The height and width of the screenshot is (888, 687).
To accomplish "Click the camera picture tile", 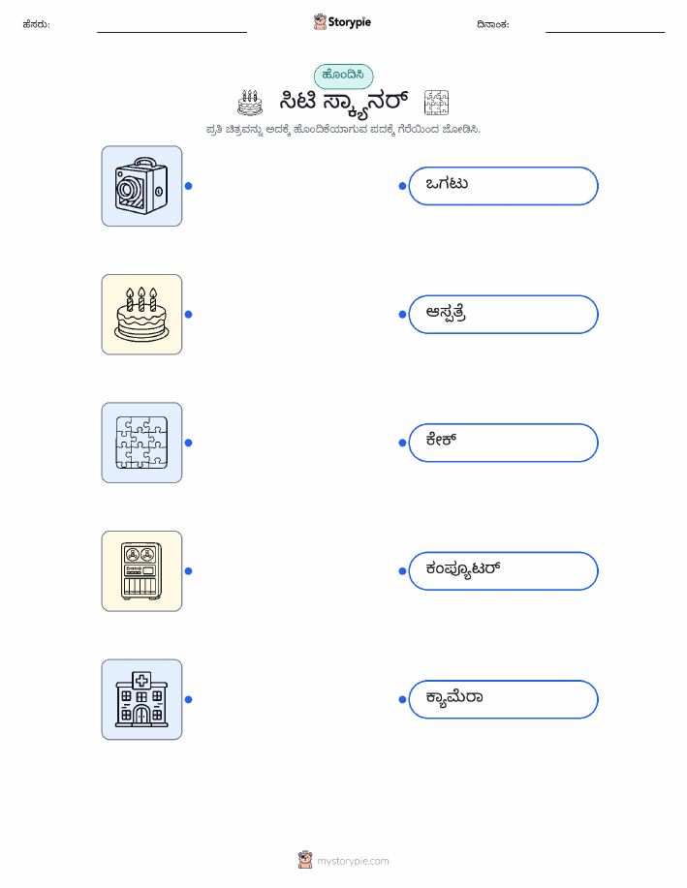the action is [x=141, y=186].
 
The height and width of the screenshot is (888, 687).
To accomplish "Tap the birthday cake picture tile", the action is [x=141, y=315].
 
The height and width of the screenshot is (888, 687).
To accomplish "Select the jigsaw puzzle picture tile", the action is [x=141, y=443].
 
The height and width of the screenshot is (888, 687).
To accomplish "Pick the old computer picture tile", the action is [x=141, y=571].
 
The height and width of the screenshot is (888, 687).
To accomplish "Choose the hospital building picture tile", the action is [x=141, y=699].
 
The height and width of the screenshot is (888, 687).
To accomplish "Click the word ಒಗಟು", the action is [x=447, y=183].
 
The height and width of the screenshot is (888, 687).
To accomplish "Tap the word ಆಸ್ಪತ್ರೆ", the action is [x=446, y=313].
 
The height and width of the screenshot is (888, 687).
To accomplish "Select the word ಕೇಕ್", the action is [x=441, y=440].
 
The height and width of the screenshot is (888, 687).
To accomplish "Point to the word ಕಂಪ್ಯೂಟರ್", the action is [x=463, y=569].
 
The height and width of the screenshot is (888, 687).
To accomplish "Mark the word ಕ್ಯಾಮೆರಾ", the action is [x=454, y=698].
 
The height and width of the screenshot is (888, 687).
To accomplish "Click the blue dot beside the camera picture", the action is [x=189, y=186].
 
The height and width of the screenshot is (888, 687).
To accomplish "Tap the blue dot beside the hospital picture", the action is [x=189, y=699].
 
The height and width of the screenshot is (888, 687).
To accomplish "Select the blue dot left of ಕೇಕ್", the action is [x=402, y=443].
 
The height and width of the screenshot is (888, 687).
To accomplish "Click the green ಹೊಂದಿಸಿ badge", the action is [x=343, y=76].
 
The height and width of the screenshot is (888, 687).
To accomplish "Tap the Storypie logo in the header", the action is [x=342, y=22].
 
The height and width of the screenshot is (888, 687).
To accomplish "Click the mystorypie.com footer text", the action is [x=353, y=862].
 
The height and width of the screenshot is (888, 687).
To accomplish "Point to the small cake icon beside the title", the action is [x=250, y=103].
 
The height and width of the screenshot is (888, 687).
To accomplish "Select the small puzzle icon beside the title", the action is [x=436, y=103].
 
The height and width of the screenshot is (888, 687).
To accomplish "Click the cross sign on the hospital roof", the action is [x=141, y=680].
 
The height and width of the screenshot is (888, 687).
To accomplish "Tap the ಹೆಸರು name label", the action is [x=36, y=24].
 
